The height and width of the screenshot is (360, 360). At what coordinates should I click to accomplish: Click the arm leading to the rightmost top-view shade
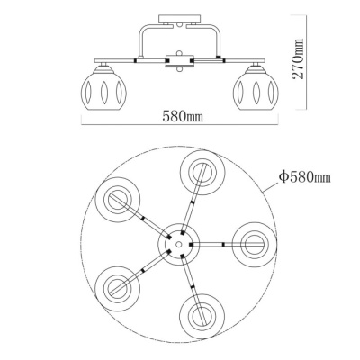[x=216, y=243]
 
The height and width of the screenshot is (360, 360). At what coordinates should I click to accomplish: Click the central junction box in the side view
[x=181, y=61]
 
